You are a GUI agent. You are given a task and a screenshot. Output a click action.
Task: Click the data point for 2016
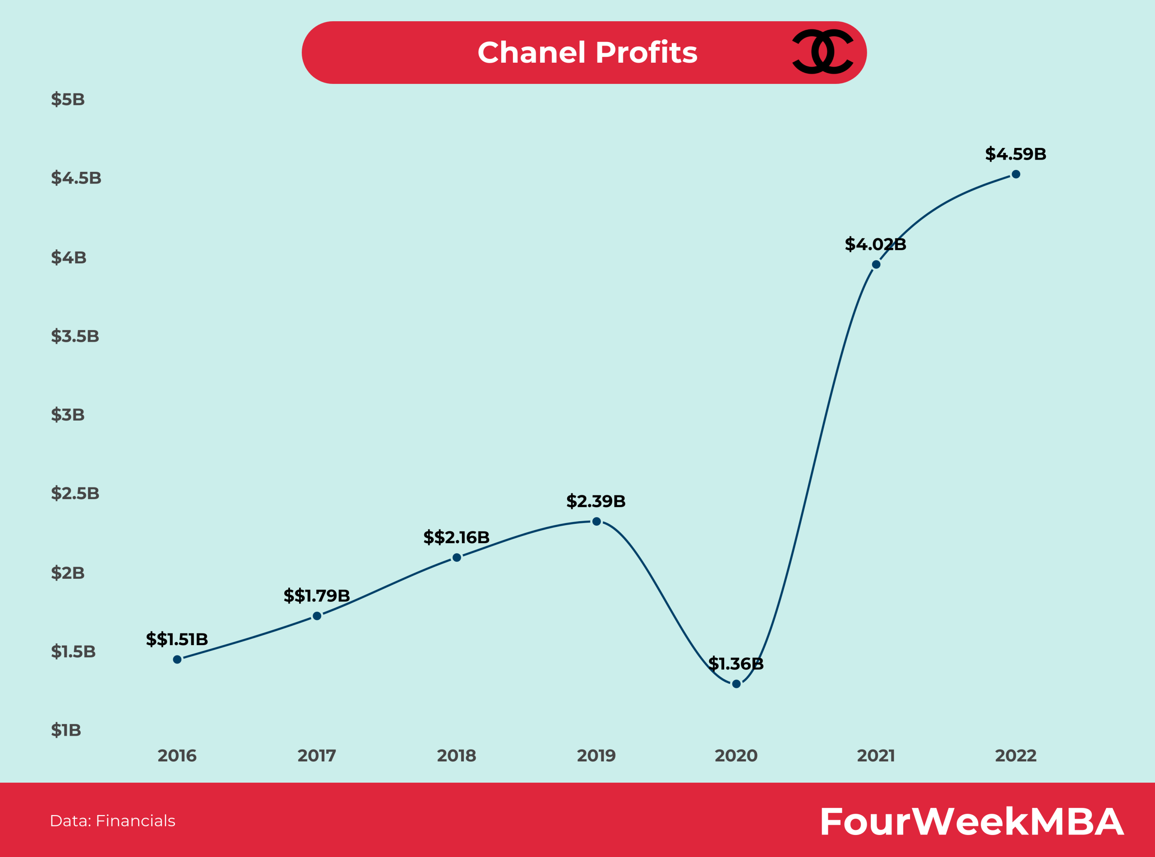[177, 660]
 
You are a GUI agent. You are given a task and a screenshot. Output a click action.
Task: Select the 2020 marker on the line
[736, 684]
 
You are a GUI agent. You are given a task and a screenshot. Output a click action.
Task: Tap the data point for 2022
[1016, 174]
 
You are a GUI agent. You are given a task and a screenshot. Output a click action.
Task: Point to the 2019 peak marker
[596, 521]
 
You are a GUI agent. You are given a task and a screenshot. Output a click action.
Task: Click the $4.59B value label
[1015, 154]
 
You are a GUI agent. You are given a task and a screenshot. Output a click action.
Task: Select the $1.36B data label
[735, 664]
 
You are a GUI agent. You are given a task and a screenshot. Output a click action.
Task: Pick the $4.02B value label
[875, 244]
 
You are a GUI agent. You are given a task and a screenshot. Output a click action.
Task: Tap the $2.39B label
[596, 501]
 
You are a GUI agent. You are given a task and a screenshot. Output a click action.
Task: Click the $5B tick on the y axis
[68, 99]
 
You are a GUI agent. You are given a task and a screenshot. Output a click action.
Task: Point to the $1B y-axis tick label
[66, 730]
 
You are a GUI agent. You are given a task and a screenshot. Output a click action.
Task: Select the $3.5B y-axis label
[75, 336]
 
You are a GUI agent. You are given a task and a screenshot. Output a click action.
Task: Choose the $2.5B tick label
[75, 493]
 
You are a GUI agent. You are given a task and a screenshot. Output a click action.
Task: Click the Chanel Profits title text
[587, 52]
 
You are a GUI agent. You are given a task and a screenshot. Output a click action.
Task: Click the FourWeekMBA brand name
[971, 822]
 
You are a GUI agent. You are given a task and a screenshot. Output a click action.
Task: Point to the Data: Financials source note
[113, 820]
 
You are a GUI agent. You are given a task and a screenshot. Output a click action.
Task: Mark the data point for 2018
[457, 558]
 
